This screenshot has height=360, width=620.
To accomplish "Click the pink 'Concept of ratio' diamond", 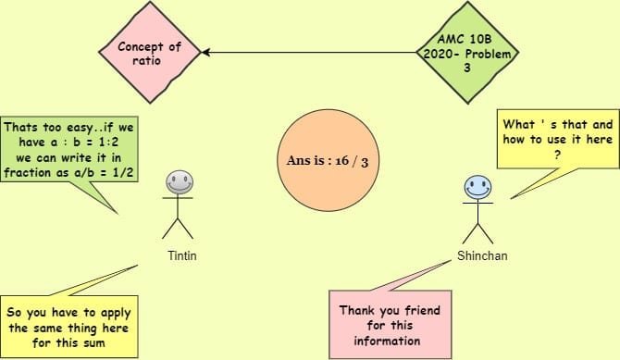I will coord(150,53).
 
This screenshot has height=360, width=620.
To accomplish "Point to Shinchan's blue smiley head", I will coord(477,189).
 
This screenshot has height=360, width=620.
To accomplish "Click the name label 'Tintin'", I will coord(180,254).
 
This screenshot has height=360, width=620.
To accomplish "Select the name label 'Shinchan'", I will coord(478,254).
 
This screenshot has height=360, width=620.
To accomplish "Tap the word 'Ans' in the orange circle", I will coord(298,161).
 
